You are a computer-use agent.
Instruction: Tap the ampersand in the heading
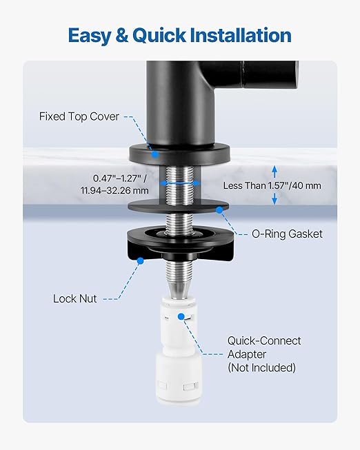pos(121,36)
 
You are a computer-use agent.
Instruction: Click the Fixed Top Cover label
pos(79,116)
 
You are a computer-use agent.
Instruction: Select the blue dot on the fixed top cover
pos(155,154)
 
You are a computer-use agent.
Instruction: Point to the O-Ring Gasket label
pos(287,234)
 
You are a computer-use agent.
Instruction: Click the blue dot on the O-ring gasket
pos(219,210)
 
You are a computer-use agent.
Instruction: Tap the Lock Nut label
pos(75,299)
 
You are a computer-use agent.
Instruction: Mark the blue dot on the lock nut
pos(141,261)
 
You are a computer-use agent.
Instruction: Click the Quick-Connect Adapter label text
pos(264,347)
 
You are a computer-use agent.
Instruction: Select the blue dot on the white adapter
pos(181,316)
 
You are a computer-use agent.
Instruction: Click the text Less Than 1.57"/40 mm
pos(272,185)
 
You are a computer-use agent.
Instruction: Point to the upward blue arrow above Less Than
pos(274,172)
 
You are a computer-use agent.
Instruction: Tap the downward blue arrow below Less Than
pos(274,198)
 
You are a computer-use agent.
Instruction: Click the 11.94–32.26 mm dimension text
pos(114,191)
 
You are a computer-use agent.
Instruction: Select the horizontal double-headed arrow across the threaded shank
pos(180,183)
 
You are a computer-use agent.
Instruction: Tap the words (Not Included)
pos(262,367)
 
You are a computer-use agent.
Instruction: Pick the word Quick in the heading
pos(159,36)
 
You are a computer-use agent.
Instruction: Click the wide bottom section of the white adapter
pos(179,378)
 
